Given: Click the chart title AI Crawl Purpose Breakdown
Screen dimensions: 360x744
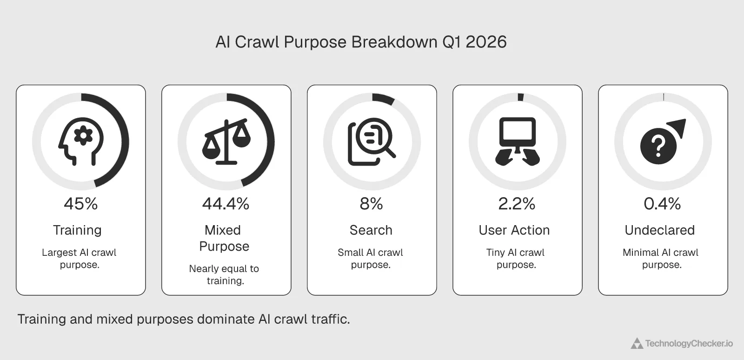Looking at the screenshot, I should [361, 42].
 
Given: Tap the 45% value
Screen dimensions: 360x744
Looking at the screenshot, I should [81, 204].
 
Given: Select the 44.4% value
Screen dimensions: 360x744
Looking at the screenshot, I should [226, 204].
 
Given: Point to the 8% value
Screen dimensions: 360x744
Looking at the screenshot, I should [372, 204].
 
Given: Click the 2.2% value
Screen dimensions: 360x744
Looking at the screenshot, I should [517, 204].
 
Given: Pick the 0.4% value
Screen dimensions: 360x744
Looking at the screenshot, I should [662, 204].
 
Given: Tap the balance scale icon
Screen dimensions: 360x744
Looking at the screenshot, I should [226, 142].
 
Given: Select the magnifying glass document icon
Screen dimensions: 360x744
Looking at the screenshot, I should [372, 142].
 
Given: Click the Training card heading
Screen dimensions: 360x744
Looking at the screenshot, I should [77, 230].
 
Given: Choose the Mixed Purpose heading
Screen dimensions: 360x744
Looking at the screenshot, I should [224, 238].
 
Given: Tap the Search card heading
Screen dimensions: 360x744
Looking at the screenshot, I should [371, 230].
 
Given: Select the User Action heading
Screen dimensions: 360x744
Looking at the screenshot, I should [514, 230].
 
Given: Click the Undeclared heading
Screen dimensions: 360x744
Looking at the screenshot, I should [660, 230].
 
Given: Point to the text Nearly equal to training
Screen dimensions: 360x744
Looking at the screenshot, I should [224, 274].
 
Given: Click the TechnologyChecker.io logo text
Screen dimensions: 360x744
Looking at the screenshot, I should [689, 344].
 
